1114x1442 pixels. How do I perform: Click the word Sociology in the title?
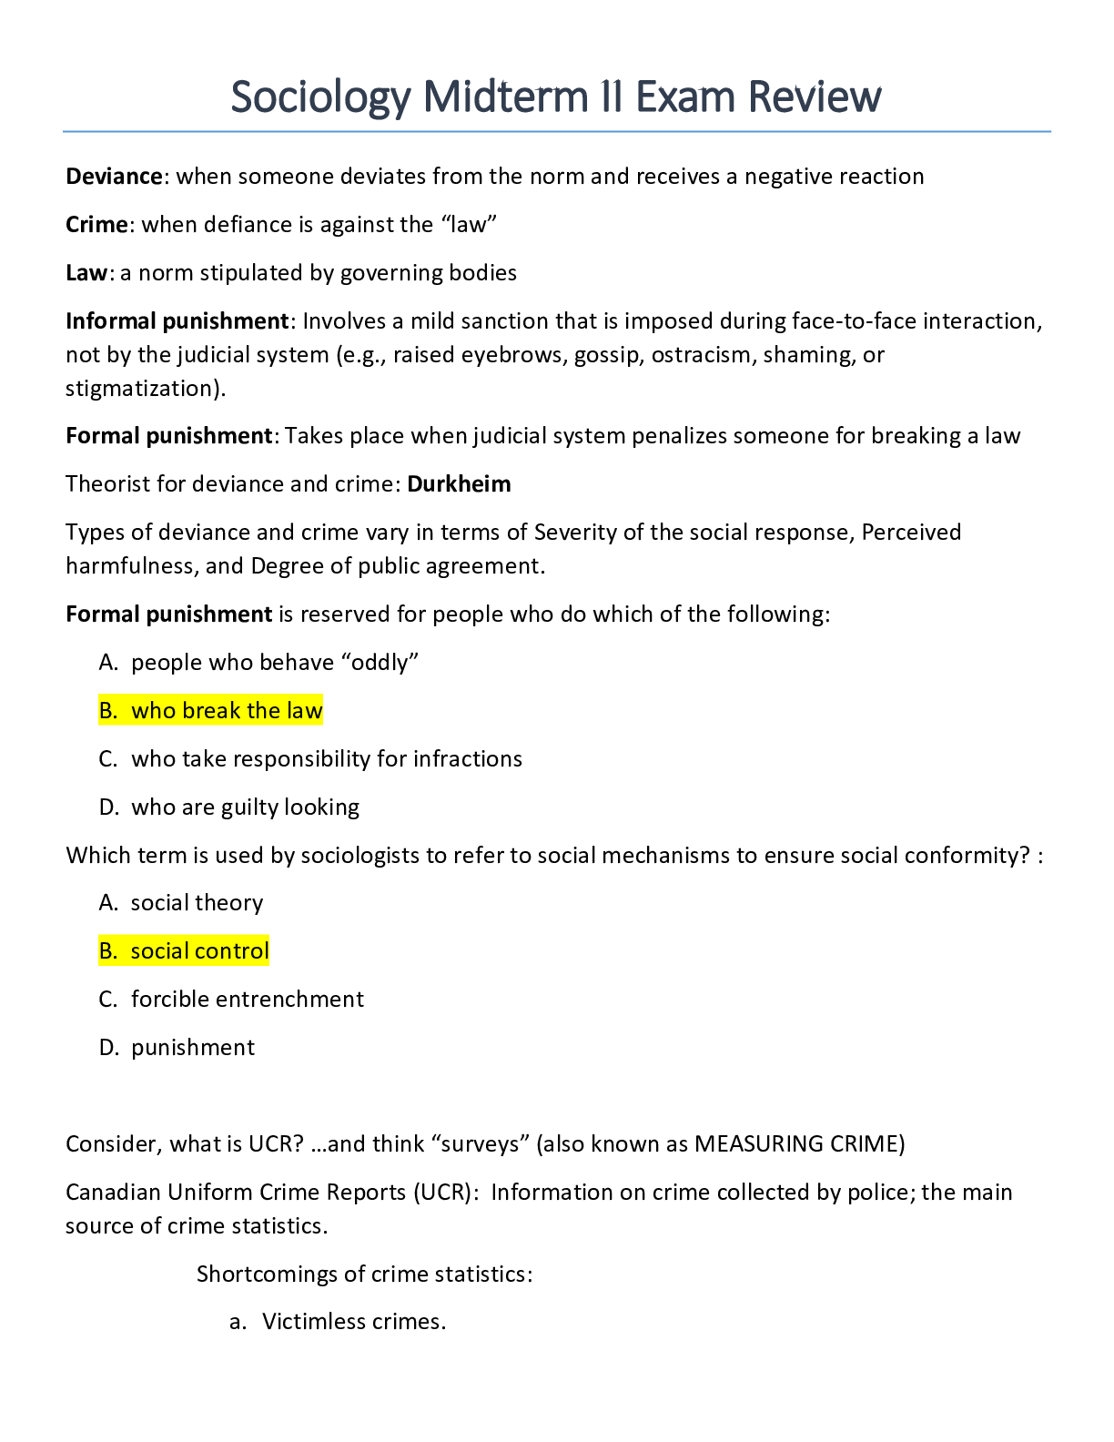coord(321,97)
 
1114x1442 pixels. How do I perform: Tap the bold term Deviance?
coord(114,177)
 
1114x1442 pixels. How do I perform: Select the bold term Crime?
coord(96,225)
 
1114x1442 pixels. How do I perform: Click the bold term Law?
coord(86,273)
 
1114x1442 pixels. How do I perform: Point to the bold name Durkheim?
coord(459,484)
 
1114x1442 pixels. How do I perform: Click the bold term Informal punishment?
coord(177,321)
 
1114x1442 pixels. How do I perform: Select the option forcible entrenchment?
coord(248,1000)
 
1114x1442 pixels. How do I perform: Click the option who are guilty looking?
coord(246,807)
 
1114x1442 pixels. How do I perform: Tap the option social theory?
coord(197,903)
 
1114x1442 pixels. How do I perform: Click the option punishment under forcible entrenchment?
coord(193,1048)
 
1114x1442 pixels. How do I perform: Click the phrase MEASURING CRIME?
coord(796,1144)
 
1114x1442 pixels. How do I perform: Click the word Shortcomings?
coord(267,1274)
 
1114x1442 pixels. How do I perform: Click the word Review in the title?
coord(815,97)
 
